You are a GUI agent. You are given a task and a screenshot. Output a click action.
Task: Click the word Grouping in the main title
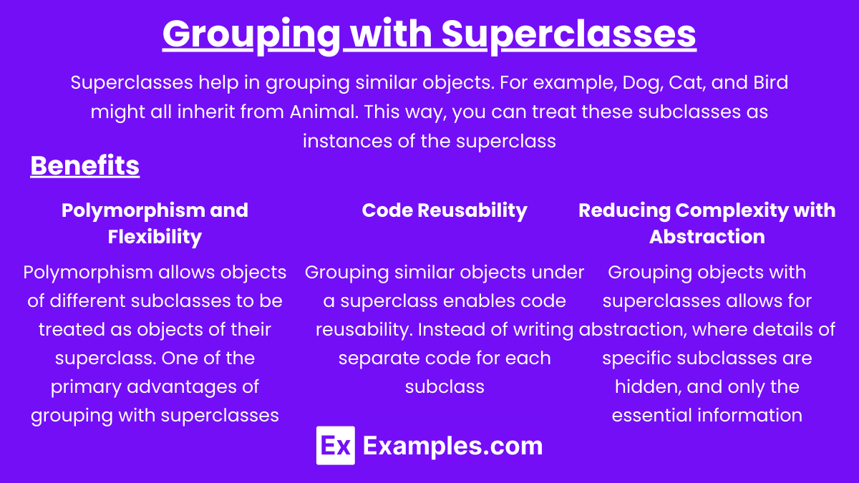251,35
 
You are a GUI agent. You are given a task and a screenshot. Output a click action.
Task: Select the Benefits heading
84,165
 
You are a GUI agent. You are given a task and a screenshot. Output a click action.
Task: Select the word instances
347,141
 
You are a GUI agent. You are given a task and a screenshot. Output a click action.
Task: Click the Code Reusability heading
445,211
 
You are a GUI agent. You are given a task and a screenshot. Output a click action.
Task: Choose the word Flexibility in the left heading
155,237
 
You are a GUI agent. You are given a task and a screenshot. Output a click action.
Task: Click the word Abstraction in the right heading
707,237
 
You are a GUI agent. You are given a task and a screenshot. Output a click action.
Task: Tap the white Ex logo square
336,445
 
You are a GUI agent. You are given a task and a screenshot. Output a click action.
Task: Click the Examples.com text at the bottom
452,447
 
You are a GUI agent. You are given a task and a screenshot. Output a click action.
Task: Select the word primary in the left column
86,387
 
